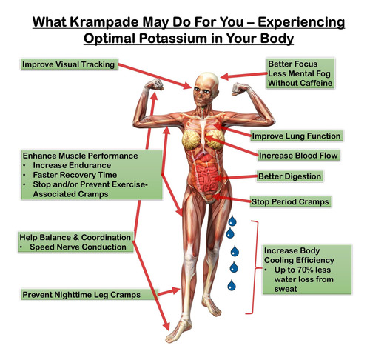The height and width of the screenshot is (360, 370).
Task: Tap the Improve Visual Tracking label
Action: [69, 64]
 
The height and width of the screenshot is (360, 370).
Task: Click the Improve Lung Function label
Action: [296, 136]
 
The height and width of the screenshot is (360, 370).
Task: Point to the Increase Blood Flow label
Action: [298, 156]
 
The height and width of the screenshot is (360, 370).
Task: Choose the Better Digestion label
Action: [289, 176]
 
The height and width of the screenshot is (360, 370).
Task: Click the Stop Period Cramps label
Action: [290, 201]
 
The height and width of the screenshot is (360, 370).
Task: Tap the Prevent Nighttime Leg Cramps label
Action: [81, 295]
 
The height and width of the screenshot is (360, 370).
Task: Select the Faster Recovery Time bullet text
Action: [75, 175]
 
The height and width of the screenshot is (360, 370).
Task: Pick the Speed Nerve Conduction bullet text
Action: [78, 247]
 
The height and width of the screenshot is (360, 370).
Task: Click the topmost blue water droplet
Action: [232, 221]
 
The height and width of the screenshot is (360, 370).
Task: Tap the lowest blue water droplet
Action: [232, 285]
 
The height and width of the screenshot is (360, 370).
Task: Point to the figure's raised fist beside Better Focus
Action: [240, 89]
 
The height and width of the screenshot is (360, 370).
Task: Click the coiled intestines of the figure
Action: [206, 179]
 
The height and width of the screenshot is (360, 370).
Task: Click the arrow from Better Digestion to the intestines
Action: [235, 177]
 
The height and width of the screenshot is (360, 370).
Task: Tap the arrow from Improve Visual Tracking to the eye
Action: [155, 76]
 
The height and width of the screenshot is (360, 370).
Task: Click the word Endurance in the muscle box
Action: [91, 165]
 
